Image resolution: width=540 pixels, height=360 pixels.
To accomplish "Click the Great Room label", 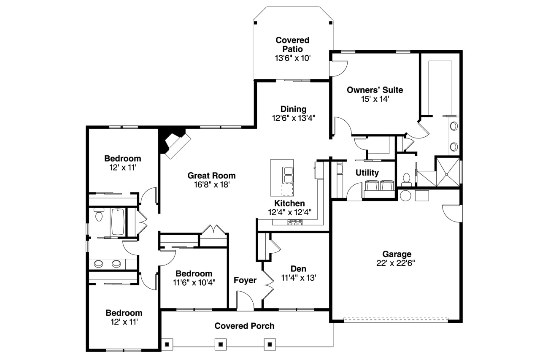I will click(211, 176).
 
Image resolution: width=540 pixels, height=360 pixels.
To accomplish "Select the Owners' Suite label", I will click(375, 90).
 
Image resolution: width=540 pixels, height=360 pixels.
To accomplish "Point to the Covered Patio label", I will click(292, 44).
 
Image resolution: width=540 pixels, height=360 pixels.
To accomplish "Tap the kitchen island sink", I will click(288, 174).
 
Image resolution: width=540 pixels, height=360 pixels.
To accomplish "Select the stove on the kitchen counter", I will click(295, 223).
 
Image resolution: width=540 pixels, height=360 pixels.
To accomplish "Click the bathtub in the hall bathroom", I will click(118, 222).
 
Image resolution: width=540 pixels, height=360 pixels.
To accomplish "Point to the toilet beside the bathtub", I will click(99, 215).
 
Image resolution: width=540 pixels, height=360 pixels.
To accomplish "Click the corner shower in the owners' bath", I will click(447, 171).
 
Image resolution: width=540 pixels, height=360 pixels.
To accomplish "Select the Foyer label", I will click(245, 280).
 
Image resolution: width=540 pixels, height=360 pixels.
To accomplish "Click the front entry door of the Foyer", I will click(245, 302).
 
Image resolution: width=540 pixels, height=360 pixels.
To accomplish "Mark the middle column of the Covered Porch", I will click(220, 344).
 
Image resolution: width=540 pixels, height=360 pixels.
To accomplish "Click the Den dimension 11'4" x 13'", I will click(298, 278).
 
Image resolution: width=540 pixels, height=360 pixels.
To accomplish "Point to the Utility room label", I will click(367, 173).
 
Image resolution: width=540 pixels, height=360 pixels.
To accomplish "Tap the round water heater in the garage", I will click(405, 195).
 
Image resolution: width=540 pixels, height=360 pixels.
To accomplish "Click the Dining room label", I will click(294, 109).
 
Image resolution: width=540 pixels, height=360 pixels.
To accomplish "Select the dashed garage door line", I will click(396, 320).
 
